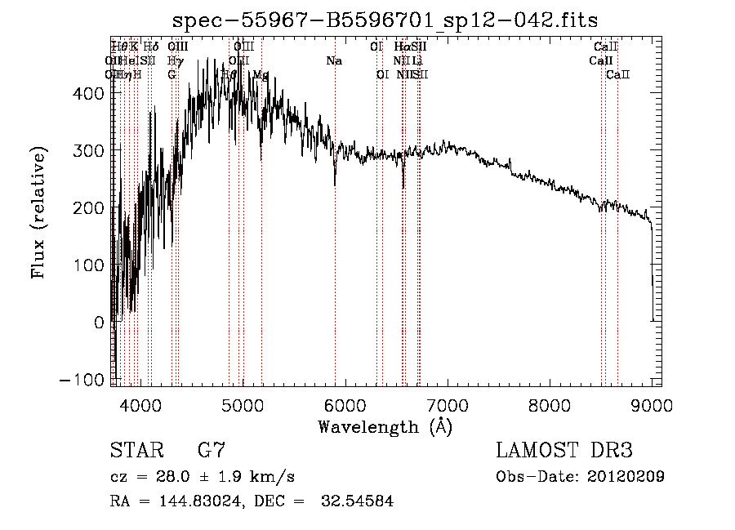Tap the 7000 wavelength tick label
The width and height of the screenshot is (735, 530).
pos(447,403)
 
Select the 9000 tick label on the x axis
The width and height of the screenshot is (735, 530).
pos(651,403)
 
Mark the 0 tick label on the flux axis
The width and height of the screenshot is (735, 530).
pos(99,323)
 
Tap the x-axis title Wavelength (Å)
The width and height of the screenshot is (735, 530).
pos(385,426)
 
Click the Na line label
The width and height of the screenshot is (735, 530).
pos(334,60)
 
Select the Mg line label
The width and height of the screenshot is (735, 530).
pos(261,74)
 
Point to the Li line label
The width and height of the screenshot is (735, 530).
pos(417,60)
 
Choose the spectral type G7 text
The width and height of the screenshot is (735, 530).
pos(212,450)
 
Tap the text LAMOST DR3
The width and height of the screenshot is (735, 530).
pos(564,450)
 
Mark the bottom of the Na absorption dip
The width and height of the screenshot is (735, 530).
pos(334,185)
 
